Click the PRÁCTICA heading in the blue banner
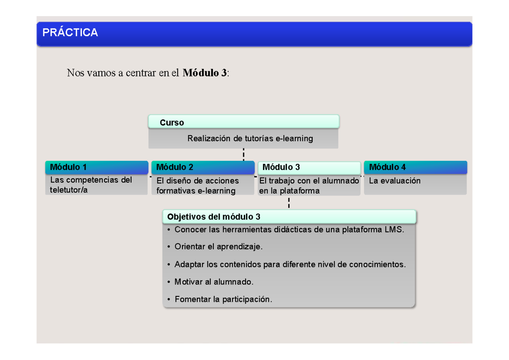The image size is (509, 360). point(70,33)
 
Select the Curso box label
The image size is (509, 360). point(172,123)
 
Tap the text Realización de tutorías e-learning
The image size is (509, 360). point(250,138)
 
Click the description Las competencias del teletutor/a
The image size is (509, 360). point(91,185)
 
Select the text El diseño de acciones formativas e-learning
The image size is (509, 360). point(197,186)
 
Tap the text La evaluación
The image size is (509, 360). point(394,181)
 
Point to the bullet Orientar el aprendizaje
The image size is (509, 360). point(218,247)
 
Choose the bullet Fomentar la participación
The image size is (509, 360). point(223,299)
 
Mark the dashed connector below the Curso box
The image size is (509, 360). point(243,155)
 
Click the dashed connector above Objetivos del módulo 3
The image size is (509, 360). point(288,203)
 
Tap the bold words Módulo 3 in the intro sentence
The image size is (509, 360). point(205,73)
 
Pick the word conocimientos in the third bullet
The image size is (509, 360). point(377,264)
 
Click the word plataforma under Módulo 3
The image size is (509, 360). point(299,191)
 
